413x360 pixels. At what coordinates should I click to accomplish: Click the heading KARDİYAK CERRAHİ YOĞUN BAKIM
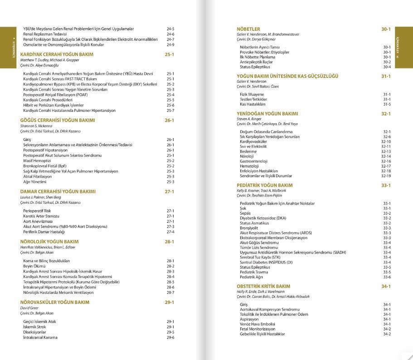(x=57, y=54)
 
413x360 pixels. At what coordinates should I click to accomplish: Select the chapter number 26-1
(x=170, y=120)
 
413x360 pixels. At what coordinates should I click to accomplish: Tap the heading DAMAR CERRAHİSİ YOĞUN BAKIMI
(x=58, y=192)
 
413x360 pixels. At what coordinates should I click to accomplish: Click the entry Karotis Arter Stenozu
(x=41, y=216)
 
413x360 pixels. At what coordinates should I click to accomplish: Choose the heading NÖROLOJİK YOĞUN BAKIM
(x=49, y=242)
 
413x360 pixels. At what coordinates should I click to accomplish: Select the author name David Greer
(x=29, y=308)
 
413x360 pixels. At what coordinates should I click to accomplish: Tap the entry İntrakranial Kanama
(x=40, y=337)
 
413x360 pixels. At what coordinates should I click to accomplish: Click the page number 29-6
(x=170, y=337)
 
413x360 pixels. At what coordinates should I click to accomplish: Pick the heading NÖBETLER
(x=248, y=29)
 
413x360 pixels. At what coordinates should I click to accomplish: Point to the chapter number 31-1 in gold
(x=386, y=76)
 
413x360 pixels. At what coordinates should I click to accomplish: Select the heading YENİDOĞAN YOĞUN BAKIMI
(x=267, y=114)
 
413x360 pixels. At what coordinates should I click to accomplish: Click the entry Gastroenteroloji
(x=253, y=161)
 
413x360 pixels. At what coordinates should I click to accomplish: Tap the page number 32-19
(x=386, y=176)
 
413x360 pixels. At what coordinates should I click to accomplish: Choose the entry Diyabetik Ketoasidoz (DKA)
(x=263, y=218)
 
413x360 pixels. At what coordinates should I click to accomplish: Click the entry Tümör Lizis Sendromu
(x=259, y=248)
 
